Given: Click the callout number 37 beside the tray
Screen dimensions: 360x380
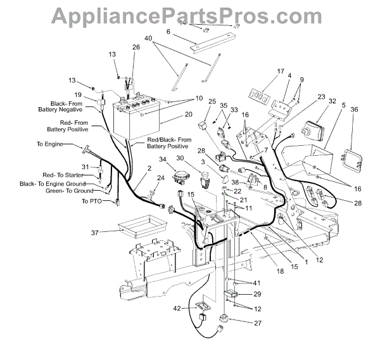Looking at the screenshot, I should click(96, 233).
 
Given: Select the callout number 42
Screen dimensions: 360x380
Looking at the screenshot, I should click(179, 308).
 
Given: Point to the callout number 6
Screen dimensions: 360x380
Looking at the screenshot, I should click(168, 31).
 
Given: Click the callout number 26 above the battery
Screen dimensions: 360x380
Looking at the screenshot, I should click(136, 48).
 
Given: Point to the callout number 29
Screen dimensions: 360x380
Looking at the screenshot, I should click(258, 295).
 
